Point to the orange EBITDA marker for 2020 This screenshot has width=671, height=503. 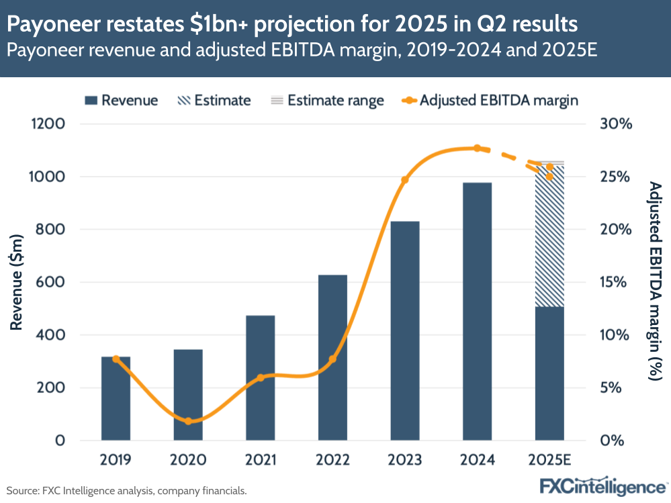coord(188,421)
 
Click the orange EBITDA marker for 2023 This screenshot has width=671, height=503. coord(404,180)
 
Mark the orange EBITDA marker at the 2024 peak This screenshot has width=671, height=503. coord(477,148)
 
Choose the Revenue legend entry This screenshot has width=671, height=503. coord(122,101)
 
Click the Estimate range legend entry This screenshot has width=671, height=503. coord(326,101)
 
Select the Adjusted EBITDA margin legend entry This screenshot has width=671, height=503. coord(490,101)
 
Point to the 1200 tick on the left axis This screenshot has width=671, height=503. coord(46,124)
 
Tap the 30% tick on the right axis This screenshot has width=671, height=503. coord(617,124)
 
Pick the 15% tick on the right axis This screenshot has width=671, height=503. coord(617,282)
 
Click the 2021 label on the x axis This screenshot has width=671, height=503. coord(261,460)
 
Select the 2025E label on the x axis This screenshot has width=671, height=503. coord(549,460)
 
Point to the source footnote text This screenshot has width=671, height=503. coord(127,491)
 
